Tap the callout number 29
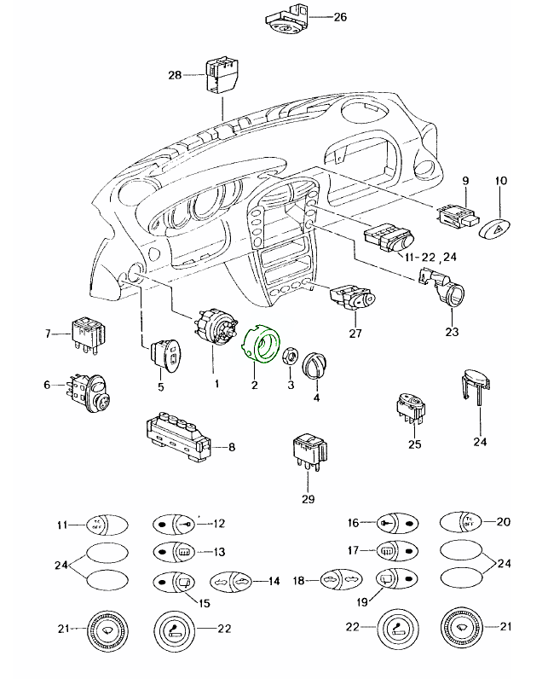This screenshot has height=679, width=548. coord(309,499)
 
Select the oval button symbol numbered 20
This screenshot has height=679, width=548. coord(463,522)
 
